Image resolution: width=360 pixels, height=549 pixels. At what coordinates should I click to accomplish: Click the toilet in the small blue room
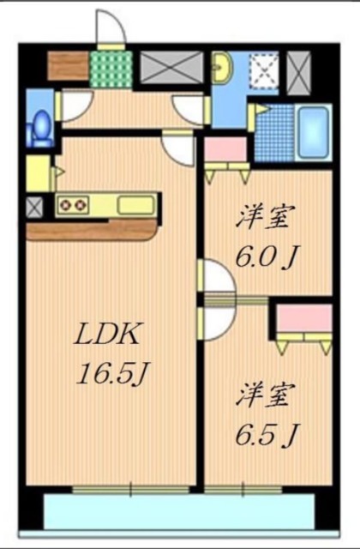pos(39,126)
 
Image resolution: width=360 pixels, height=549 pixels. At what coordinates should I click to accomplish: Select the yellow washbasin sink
pos(221,67)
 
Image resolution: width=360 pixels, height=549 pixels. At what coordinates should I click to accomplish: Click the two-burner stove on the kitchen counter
pos(72,205)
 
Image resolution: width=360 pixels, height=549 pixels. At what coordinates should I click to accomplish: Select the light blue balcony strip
pos(180,513)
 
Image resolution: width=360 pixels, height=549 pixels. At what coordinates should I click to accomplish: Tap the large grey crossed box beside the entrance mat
pos(171,65)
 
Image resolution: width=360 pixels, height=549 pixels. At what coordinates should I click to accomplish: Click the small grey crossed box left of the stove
pos(34,206)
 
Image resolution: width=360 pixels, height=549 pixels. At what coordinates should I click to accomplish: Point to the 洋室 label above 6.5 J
pos(266,397)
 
